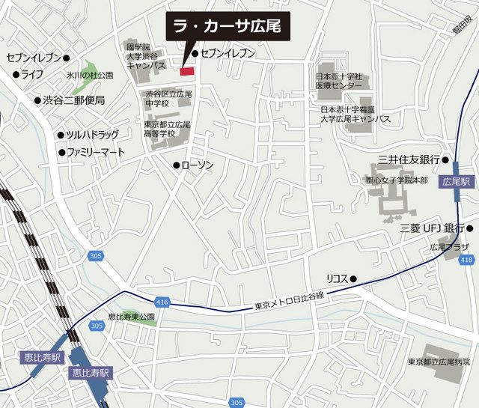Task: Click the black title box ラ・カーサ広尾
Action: [x=226, y=27]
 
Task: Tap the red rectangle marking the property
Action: [x=186, y=71]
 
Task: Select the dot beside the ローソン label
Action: [x=176, y=165]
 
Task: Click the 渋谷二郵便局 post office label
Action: [x=73, y=100]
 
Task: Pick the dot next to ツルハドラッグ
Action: [x=61, y=136]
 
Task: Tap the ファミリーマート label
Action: [x=95, y=152]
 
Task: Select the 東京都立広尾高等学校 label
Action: [x=167, y=129]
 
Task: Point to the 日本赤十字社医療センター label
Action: [x=338, y=80]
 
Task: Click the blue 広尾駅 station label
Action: [x=456, y=181]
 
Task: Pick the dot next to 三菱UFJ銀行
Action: [x=470, y=228]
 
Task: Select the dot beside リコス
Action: [x=353, y=279]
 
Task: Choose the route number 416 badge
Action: [x=164, y=302]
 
